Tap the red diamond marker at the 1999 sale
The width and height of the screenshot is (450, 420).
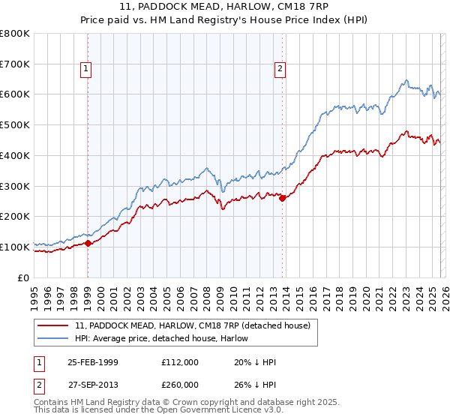click(88, 243)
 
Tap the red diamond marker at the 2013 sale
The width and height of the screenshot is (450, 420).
click(282, 198)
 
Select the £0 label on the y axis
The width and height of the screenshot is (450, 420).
click(24, 277)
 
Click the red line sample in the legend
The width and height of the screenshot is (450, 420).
click(54, 325)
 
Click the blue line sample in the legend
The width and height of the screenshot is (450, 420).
click(54, 337)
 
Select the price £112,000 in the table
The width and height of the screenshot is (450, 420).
click(180, 362)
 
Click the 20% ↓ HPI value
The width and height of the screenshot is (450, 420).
click(254, 362)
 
